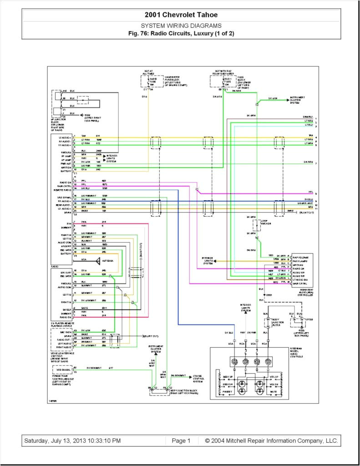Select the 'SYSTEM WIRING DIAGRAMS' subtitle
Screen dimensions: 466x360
pyautogui.click(x=181, y=26)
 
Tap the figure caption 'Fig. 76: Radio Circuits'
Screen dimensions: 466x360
pyautogui.click(x=181, y=34)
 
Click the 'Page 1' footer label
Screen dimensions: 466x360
pyautogui.click(x=182, y=441)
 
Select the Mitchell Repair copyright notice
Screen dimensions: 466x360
pyautogui.click(x=271, y=441)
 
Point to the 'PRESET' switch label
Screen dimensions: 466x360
pyautogui.click(x=228, y=392)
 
